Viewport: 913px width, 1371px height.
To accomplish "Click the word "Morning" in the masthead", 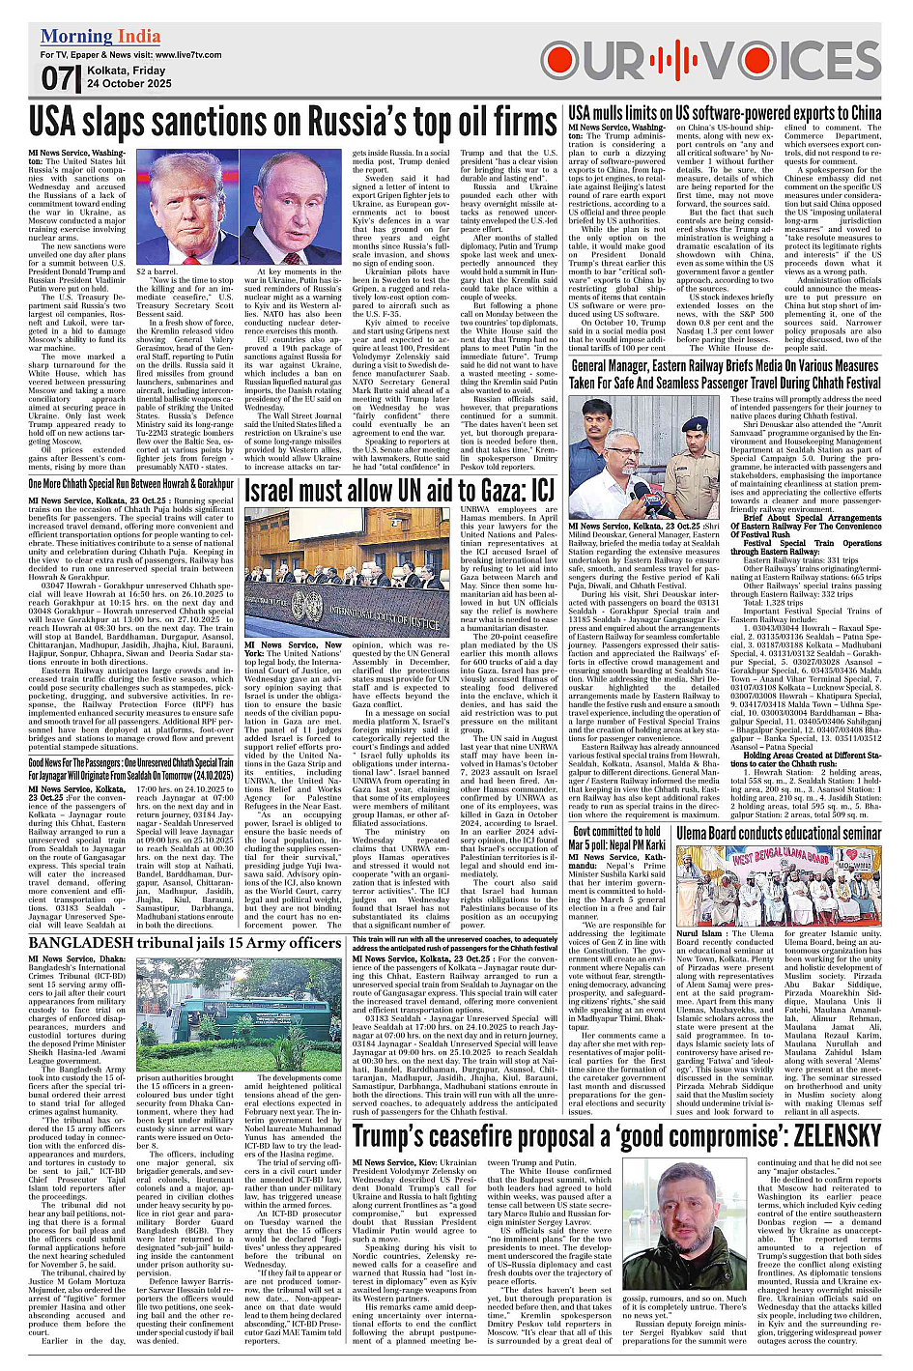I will click(x=72, y=38).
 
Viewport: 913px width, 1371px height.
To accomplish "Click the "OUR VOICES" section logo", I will click(x=711, y=60).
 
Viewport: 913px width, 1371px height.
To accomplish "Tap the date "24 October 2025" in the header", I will click(x=129, y=84).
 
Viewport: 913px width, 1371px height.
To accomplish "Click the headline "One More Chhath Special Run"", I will click(x=130, y=483).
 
